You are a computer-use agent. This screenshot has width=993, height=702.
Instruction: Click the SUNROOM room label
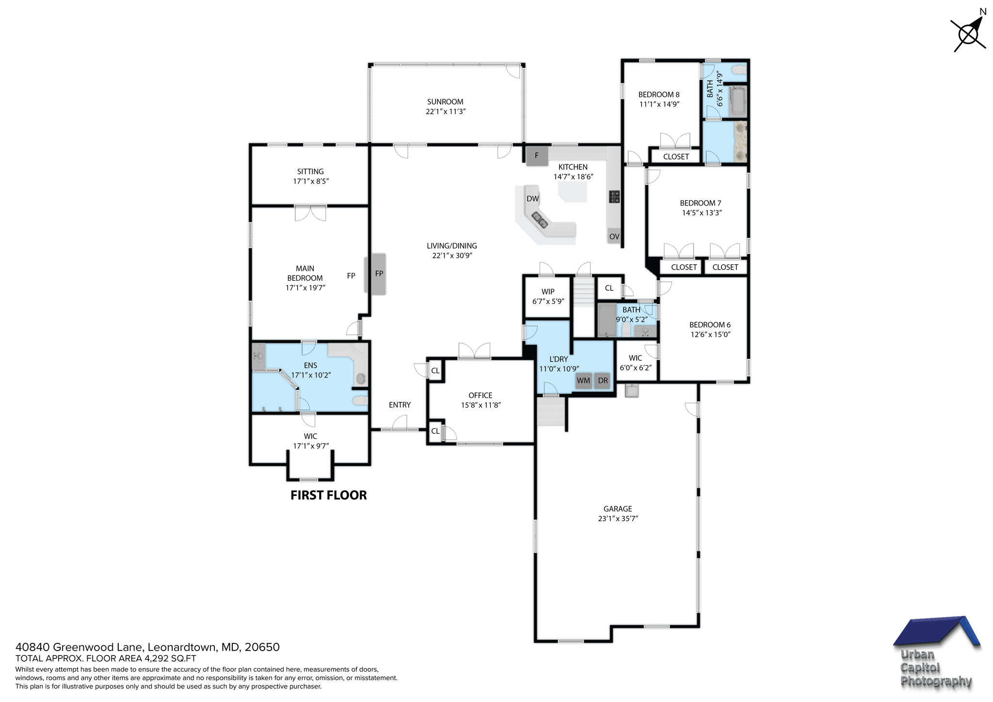click(x=445, y=102)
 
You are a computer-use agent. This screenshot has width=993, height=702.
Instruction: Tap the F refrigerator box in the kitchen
click(x=537, y=156)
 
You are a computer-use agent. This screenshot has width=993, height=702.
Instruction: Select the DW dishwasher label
click(x=532, y=199)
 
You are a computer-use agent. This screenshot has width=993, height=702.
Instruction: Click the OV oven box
click(x=614, y=236)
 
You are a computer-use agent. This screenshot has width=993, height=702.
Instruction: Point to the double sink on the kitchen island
click(x=540, y=220)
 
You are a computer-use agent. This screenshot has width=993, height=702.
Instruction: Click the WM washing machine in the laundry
click(x=583, y=381)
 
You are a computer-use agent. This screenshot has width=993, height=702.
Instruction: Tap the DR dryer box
click(x=603, y=381)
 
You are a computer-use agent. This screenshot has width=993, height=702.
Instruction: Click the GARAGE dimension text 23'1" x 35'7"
click(x=618, y=518)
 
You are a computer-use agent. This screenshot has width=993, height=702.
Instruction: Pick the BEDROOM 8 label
click(x=658, y=95)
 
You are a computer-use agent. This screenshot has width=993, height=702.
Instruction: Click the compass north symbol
click(x=968, y=34)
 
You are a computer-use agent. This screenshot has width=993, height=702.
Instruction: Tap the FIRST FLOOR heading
click(x=328, y=495)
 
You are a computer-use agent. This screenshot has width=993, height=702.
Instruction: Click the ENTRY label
click(x=400, y=405)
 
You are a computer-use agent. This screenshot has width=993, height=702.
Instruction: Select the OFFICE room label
click(x=480, y=395)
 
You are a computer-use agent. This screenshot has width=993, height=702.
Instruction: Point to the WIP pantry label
click(x=548, y=291)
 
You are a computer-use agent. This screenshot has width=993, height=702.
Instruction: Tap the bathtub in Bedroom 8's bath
click(x=737, y=101)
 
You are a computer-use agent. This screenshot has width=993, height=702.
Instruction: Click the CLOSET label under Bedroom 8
click(x=675, y=157)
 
